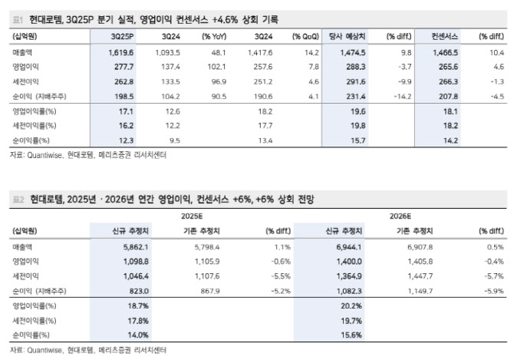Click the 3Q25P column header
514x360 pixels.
122,37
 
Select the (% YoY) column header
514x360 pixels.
214,37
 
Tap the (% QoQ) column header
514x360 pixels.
306,37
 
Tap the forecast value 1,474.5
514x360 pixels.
350,52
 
